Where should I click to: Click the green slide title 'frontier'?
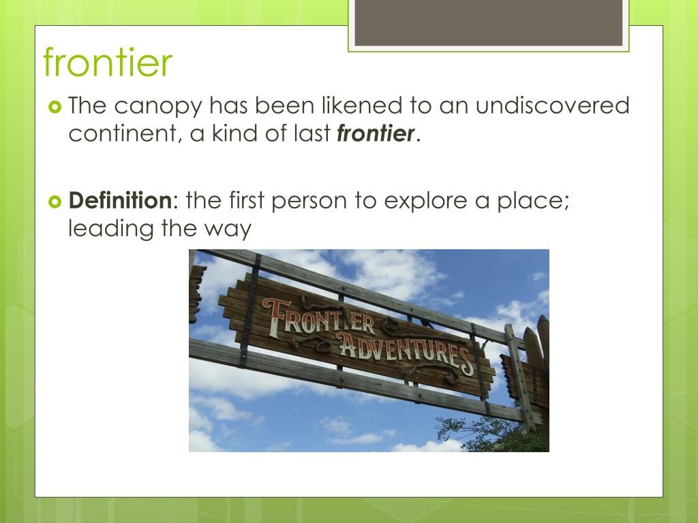(x=108, y=63)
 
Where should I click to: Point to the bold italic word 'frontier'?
(x=376, y=133)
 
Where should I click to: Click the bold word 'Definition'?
(x=121, y=201)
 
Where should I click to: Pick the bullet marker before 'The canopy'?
(x=55, y=107)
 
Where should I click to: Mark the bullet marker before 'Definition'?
(x=55, y=202)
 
